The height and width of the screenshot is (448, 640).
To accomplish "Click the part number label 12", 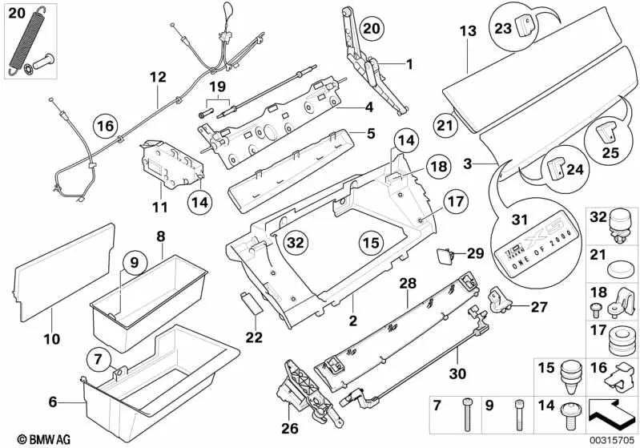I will point(157,78).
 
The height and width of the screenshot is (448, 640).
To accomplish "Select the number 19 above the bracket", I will point(218,87).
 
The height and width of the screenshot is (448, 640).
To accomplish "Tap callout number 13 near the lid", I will point(468,30).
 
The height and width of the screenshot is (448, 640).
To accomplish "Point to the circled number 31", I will point(521,220).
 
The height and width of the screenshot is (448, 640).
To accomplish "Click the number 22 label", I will point(254,337).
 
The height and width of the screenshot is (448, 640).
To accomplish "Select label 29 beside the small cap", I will point(476,253).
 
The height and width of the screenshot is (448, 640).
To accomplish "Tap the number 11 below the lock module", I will point(160,207).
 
